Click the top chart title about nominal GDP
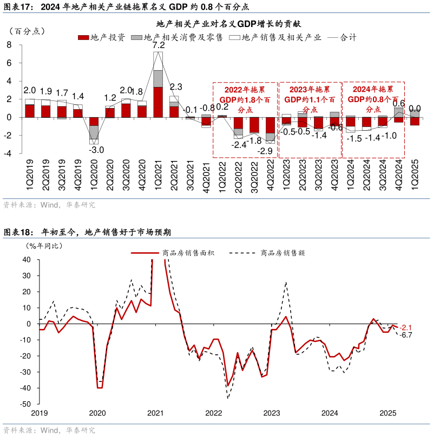tap(228, 24)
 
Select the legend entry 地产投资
tap(102, 38)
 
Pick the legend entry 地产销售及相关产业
tap(275, 38)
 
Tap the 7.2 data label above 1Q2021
tap(159, 45)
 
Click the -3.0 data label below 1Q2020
tap(96, 150)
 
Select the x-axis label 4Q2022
tap(270, 176)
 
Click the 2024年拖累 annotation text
tap(373, 90)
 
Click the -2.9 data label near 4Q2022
tap(266, 151)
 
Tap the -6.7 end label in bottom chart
tap(406, 335)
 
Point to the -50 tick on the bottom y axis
tap(25, 404)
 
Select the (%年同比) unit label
tap(44, 246)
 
